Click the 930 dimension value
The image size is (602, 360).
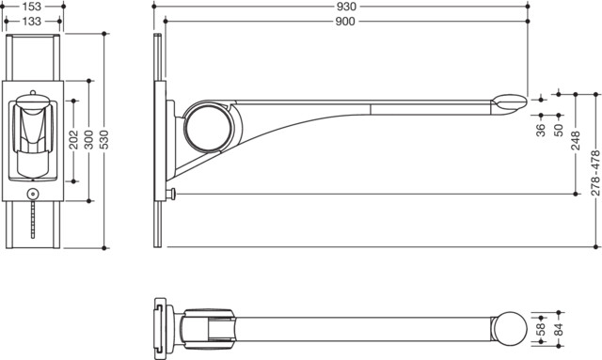345,7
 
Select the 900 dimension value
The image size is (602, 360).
345,22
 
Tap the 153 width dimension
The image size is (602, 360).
31,7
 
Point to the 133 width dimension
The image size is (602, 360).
31,22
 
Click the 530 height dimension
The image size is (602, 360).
104,140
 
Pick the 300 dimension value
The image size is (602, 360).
88,140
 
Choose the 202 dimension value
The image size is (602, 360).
73,140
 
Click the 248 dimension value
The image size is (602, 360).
576,140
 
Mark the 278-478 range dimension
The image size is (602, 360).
595,173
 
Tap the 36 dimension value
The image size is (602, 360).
541,131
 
